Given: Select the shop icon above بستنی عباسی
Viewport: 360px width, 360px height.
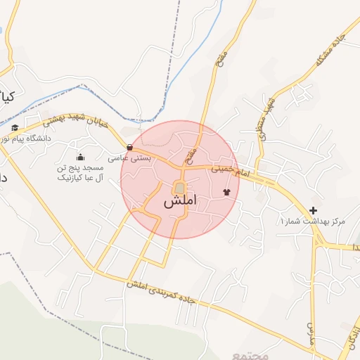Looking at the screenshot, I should point(129,148).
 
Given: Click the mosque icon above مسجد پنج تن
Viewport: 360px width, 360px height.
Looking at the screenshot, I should point(79,157).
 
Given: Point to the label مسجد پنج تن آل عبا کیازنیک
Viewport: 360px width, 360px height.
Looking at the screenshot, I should point(80,174).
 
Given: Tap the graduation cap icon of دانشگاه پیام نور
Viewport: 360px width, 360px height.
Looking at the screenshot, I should point(15,127).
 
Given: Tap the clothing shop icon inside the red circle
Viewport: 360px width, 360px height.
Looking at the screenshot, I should point(226,191).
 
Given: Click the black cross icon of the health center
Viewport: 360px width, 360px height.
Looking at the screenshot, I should point(313,210).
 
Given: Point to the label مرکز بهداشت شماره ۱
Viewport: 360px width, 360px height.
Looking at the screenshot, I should point(313,221).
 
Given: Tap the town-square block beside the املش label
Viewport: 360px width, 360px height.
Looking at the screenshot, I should point(180,188).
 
